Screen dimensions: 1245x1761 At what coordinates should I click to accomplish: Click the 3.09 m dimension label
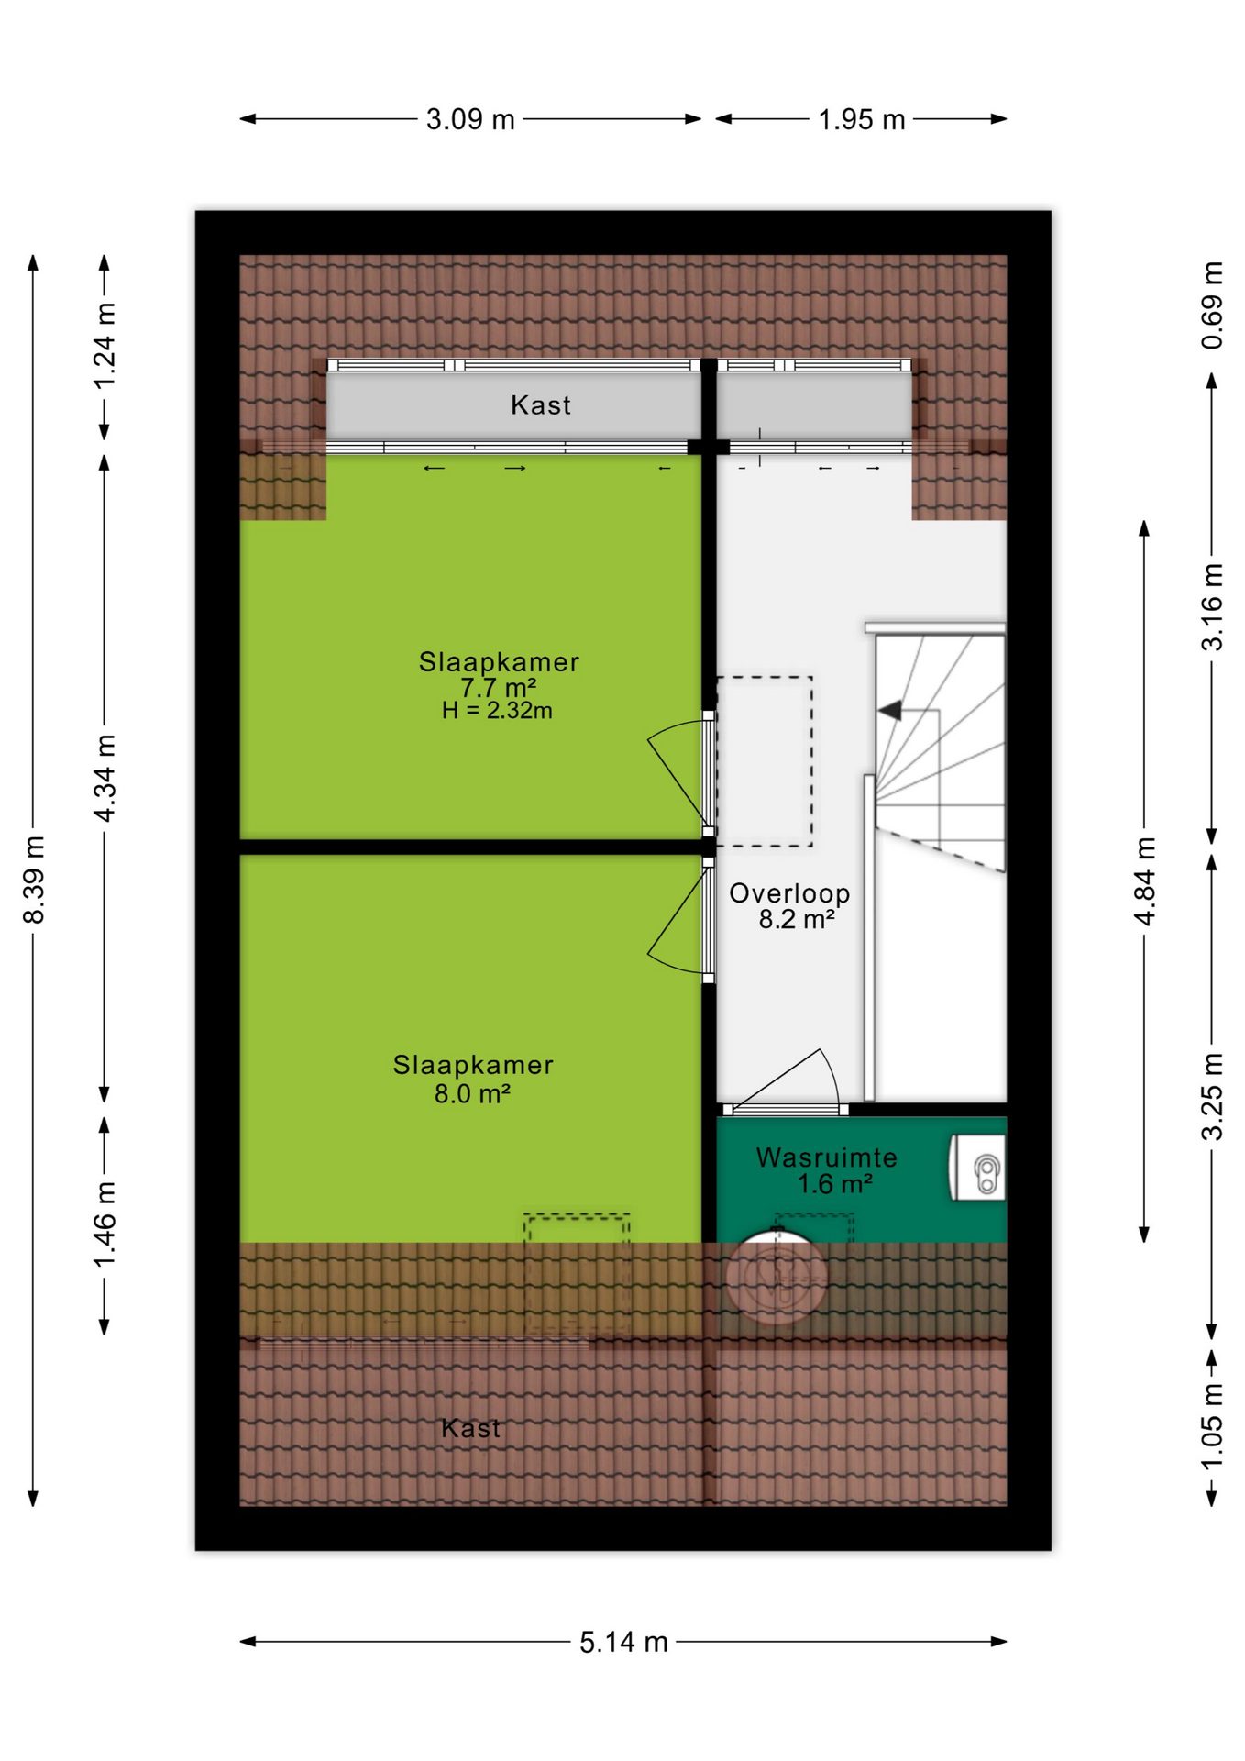pyautogui.click(x=470, y=119)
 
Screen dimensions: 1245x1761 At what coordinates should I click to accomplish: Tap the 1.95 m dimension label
pyautogui.click(x=861, y=119)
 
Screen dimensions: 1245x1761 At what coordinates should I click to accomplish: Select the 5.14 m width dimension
pyautogui.click(x=623, y=1642)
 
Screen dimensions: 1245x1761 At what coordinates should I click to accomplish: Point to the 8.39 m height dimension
pyautogui.click(x=34, y=880)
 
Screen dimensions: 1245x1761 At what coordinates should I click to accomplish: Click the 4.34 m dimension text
pyautogui.click(x=105, y=778)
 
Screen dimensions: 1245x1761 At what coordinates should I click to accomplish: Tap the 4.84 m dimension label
pyautogui.click(x=1145, y=881)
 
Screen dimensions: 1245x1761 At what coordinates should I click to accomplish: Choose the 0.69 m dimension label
pyautogui.click(x=1212, y=305)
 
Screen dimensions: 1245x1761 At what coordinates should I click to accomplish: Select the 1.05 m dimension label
pyautogui.click(x=1212, y=1425)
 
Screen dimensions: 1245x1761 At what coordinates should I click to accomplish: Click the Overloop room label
pyautogui.click(x=789, y=893)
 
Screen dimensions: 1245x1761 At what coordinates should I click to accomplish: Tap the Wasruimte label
pyautogui.click(x=826, y=1157)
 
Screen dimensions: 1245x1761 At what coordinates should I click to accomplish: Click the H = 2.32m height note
pyautogui.click(x=497, y=711)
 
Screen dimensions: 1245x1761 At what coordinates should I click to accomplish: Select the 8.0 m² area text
pyautogui.click(x=472, y=1093)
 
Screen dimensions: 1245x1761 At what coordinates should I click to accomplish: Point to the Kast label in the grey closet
pyautogui.click(x=541, y=405)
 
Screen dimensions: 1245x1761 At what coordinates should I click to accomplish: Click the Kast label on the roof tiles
pyautogui.click(x=471, y=1428)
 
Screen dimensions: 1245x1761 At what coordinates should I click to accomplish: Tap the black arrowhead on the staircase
pyautogui.click(x=889, y=710)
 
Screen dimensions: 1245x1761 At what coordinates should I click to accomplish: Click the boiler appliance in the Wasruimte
pyautogui.click(x=977, y=1168)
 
